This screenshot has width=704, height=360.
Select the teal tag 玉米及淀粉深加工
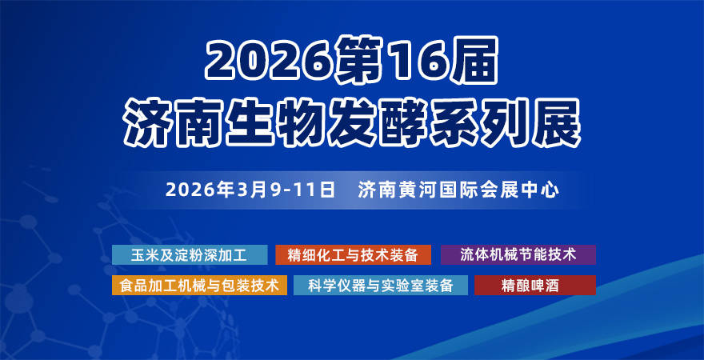[x=189, y=255]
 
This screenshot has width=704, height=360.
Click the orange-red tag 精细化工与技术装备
[x=353, y=255]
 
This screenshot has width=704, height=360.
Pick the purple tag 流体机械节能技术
[x=518, y=255]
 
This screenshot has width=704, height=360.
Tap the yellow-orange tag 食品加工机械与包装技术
[x=199, y=286]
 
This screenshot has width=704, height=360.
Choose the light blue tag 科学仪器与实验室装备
[x=381, y=286]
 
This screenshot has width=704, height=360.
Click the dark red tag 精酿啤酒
[x=534, y=286]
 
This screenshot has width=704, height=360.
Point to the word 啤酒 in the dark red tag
[x=547, y=286]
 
